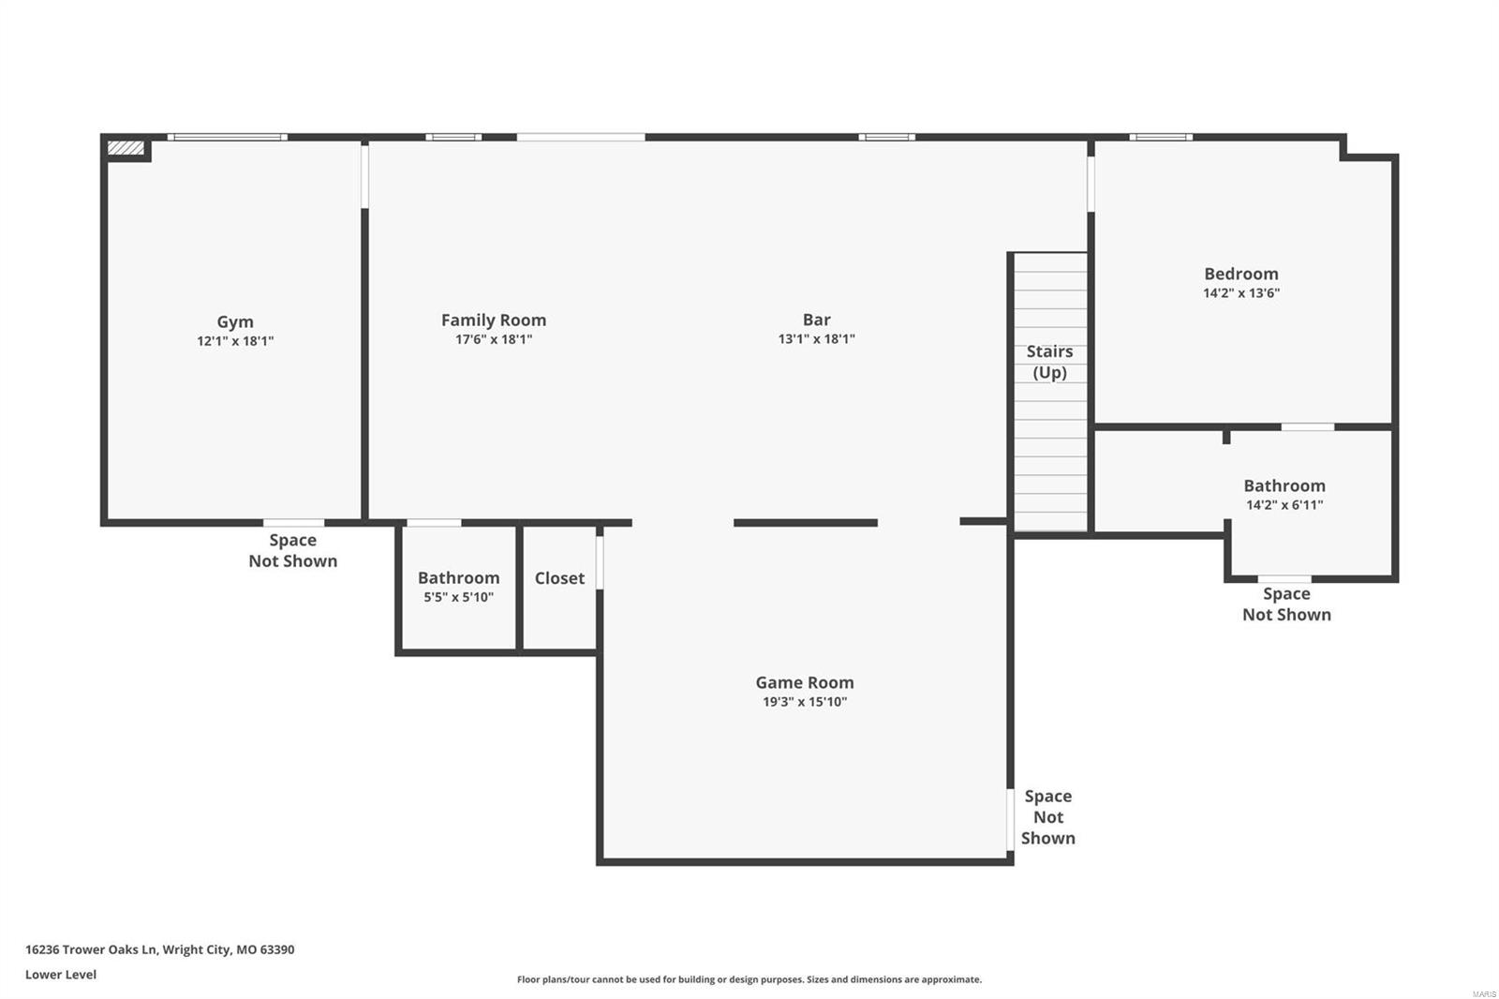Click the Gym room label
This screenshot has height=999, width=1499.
click(235, 321)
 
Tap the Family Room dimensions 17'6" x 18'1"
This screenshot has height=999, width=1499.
click(494, 340)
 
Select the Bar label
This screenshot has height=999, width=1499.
click(816, 320)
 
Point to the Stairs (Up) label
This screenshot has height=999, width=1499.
click(1049, 362)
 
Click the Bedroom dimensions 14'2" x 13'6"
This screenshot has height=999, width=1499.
click(1241, 293)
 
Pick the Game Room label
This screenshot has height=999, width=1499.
click(805, 682)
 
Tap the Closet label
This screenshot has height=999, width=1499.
click(559, 578)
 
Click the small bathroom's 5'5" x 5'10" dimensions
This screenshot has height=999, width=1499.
click(458, 598)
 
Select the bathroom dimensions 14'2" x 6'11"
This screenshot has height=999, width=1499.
click(1284, 505)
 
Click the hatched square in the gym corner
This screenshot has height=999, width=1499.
click(126, 148)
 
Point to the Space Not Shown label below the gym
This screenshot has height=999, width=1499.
click(292, 550)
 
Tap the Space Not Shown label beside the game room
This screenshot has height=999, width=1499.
click(1047, 816)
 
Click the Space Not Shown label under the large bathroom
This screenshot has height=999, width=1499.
click(1286, 604)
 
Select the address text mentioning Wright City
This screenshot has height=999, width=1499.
click(159, 949)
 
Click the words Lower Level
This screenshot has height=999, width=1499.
click(61, 975)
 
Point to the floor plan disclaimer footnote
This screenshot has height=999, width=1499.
click(749, 979)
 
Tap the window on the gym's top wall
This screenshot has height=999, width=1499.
click(228, 138)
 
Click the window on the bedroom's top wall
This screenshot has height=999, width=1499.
click(1161, 138)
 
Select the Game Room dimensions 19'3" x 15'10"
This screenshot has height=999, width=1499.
click(805, 702)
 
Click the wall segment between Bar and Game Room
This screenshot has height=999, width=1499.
click(805, 523)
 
